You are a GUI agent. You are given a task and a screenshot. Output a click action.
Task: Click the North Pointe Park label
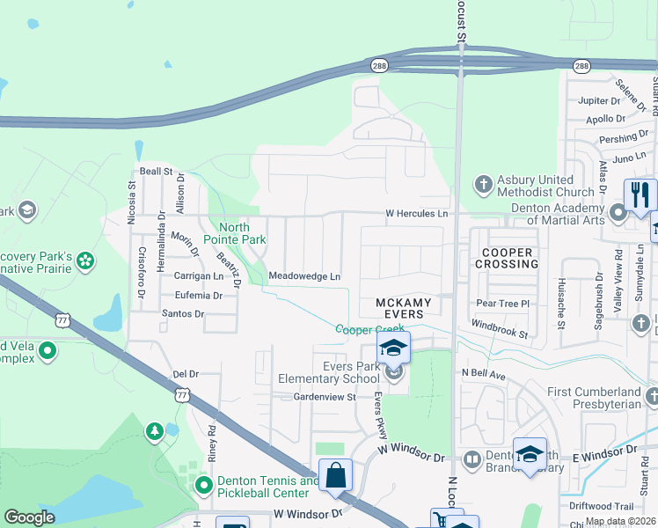pos(234,233)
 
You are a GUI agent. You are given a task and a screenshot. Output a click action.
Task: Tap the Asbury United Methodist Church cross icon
pos(482,185)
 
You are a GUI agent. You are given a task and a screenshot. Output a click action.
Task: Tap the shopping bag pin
pos(335,476)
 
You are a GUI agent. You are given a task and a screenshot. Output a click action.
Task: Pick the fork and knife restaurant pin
pos(640,194)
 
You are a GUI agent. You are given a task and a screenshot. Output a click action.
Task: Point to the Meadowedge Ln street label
pos(304,276)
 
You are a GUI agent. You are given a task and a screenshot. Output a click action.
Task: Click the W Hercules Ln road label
pos(417,214)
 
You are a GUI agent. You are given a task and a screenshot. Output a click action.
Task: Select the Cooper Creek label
pos(369,329)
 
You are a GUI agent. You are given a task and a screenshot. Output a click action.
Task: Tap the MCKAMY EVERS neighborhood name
pos(404,309)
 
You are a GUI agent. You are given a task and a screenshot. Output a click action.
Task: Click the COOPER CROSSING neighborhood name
pos(506,258)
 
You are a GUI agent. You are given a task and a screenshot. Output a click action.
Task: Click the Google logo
pos(29,517)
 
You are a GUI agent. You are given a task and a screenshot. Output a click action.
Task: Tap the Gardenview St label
pos(323,397)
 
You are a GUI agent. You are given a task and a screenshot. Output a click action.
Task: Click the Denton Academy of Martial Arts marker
pos(618,212)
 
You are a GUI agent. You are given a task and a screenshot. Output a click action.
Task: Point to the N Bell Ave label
pos(484,374)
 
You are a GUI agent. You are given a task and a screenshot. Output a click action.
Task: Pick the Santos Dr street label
pos(182,313)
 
